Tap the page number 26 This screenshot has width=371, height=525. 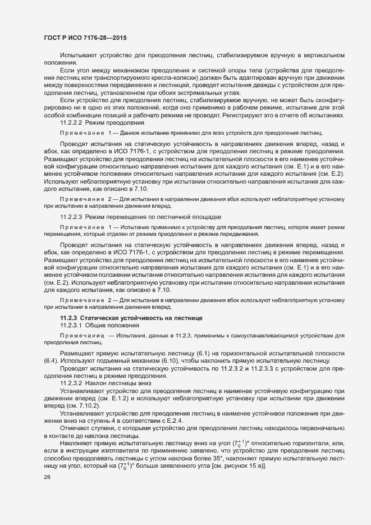pos(47,478)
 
